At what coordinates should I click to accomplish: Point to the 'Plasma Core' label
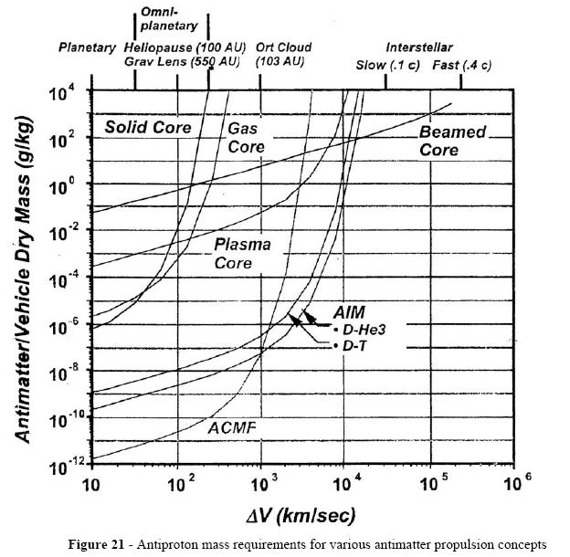tap(240, 254)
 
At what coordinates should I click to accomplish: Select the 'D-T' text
tap(353, 346)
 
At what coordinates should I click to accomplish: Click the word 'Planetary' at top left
tap(87, 47)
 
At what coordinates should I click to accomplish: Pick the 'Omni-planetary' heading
tap(169, 19)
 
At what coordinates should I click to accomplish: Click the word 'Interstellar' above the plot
tap(419, 47)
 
